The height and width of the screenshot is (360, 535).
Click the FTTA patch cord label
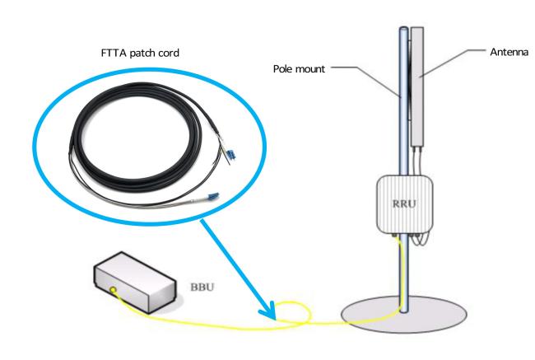[140, 53]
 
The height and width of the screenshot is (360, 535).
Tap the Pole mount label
[299, 69]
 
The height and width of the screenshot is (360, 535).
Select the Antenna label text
[509, 52]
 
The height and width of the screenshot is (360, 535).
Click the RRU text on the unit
[404, 204]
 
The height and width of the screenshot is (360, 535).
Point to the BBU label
[202, 287]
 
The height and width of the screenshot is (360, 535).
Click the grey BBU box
[135, 283]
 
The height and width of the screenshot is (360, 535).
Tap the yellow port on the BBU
[113, 291]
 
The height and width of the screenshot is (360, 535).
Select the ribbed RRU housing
[405, 204]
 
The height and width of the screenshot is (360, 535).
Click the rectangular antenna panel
[417, 86]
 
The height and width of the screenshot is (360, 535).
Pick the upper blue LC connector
[231, 155]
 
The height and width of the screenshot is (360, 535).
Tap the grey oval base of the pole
[404, 315]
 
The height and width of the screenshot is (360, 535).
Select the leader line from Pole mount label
[365, 80]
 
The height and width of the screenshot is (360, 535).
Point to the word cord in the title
[168, 53]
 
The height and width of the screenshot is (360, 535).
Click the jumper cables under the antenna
[417, 161]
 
